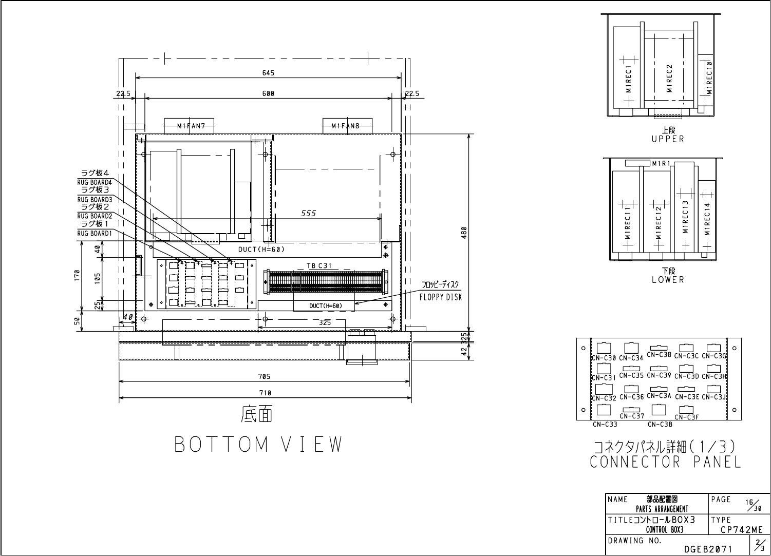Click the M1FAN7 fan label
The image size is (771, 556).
tap(191, 126)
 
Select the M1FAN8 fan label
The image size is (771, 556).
tap(345, 126)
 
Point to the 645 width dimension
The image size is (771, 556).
tap(268, 73)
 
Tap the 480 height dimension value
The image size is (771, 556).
tap(464, 233)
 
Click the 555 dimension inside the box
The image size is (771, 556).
tap(308, 214)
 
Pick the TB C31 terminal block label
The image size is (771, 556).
tap(319, 265)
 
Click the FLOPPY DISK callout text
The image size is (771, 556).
tap(441, 297)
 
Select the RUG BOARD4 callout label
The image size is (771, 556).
tap(95, 182)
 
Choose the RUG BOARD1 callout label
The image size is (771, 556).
tap(95, 233)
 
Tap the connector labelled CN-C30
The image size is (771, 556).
tap(604, 348)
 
